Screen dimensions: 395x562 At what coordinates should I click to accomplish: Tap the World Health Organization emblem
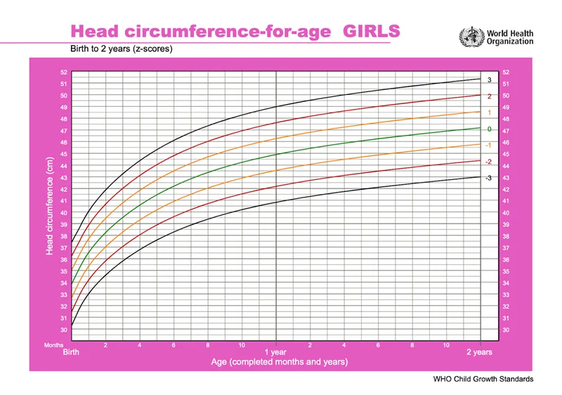point(471,36)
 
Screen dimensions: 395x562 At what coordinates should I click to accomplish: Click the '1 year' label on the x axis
point(275,352)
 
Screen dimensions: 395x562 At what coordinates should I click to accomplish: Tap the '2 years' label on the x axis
point(480,352)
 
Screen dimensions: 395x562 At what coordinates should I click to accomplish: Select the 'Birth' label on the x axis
point(72,352)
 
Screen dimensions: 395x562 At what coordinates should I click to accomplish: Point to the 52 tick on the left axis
point(64,72)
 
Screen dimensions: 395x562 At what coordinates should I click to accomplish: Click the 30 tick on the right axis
point(506,330)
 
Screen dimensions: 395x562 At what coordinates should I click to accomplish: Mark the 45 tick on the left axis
point(64,155)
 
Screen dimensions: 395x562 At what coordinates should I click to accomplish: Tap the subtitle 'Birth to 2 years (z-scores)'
point(120,50)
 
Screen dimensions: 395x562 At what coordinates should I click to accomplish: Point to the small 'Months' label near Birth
point(53,345)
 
